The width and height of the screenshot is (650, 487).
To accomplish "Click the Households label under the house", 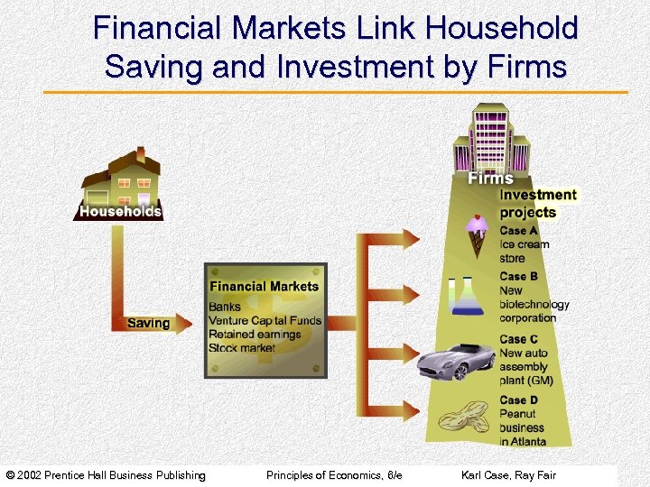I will (120, 212).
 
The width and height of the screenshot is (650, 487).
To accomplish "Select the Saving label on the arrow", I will (148, 323).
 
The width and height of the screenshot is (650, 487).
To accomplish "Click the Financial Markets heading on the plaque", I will (264, 287).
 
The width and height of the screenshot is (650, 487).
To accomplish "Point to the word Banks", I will (225, 307).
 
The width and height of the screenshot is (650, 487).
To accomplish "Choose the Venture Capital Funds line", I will (265, 320).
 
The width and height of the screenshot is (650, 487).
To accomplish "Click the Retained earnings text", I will (255, 334).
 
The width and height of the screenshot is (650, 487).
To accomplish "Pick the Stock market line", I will (241, 347).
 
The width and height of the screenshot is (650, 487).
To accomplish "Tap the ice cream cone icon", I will (478, 235).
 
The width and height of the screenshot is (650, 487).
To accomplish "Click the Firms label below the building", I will (490, 179).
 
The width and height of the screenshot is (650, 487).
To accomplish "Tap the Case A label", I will (519, 231).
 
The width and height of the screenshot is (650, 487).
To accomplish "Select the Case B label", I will (519, 277).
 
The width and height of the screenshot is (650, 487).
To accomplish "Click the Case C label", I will (519, 339).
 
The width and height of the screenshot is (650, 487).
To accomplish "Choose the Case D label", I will (519, 400).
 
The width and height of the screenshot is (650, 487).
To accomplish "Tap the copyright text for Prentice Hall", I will (107, 475).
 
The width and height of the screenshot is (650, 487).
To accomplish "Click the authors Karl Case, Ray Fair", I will (508, 475).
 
